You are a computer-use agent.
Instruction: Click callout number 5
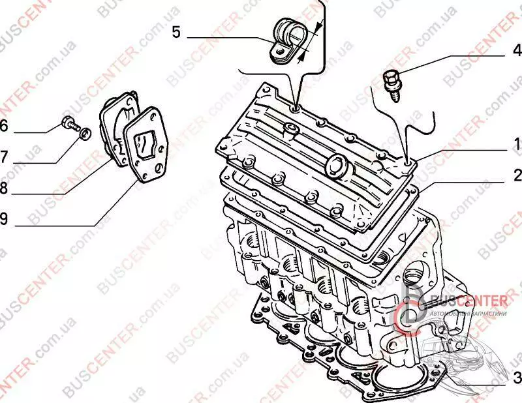(176, 32)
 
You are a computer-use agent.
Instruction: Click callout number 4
(517, 50)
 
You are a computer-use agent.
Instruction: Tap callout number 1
(516, 144)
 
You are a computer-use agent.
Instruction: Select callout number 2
(517, 175)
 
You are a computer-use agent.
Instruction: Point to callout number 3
(517, 377)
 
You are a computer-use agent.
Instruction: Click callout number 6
(4, 126)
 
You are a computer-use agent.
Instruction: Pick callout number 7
(4, 157)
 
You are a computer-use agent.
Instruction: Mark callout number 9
(4, 219)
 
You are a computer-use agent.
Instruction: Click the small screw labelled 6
(69, 121)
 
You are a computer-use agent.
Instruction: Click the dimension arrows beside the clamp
(311, 41)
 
